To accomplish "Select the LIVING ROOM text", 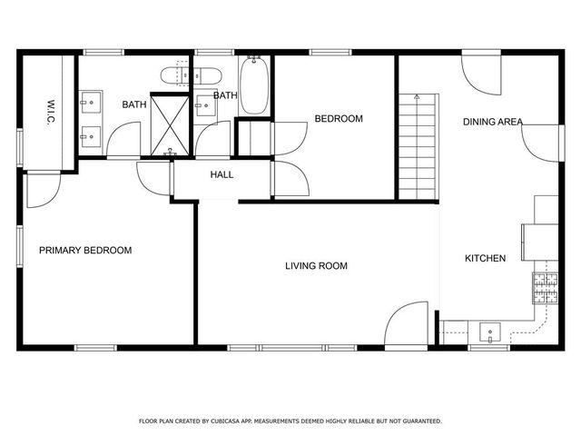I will tap(317, 266).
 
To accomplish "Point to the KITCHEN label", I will tap(486, 259).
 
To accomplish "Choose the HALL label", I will tap(222, 174).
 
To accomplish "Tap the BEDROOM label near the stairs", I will tap(339, 119).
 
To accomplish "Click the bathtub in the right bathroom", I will tap(254, 86).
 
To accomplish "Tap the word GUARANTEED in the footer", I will tap(418, 421).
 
